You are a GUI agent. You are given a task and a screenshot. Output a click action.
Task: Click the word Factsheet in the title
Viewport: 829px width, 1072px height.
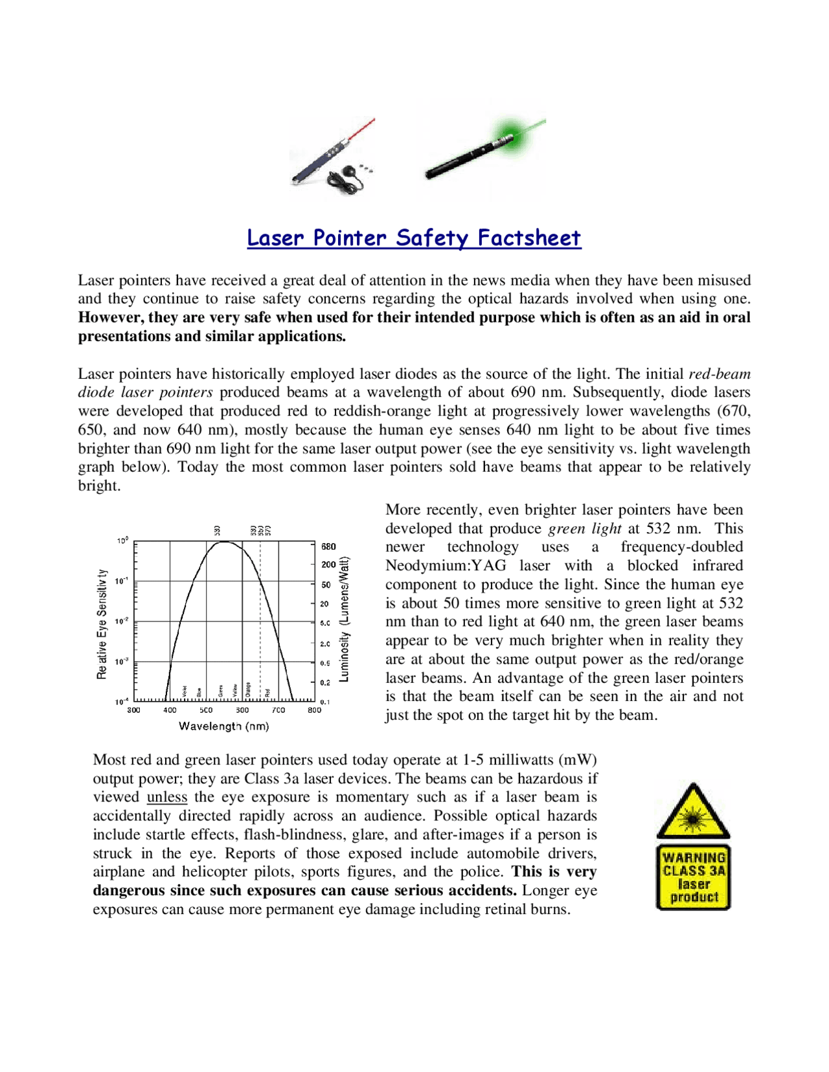[528, 238]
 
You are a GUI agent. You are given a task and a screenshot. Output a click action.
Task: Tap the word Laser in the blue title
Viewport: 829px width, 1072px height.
[275, 238]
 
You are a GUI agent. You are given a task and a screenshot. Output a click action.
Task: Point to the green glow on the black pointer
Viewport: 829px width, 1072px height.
[510, 135]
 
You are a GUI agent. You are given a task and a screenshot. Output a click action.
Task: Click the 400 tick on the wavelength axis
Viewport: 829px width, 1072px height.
[170, 710]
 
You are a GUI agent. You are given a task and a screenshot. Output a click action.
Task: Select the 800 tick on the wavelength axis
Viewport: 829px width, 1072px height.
[314, 710]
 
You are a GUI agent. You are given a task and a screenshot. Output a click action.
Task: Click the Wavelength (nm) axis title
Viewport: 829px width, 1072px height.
[223, 726]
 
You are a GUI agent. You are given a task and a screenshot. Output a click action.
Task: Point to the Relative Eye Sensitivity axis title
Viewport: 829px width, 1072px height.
[102, 624]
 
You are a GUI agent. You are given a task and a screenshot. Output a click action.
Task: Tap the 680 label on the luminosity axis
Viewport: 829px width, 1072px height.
[328, 546]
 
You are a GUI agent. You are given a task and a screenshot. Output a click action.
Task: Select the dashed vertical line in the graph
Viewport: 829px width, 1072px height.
[260, 621]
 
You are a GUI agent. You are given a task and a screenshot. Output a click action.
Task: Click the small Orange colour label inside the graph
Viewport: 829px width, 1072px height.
[248, 691]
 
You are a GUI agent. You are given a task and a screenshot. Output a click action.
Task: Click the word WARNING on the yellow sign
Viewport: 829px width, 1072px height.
[694, 858]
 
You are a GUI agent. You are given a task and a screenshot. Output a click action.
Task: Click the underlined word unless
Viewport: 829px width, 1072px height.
[167, 797]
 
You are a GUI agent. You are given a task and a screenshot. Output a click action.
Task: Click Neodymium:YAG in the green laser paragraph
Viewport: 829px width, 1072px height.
[446, 565]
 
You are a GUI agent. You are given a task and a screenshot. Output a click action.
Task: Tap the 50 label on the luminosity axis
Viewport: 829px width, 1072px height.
[326, 585]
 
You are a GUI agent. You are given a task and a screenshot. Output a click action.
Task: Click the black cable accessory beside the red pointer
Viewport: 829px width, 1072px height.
[350, 176]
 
